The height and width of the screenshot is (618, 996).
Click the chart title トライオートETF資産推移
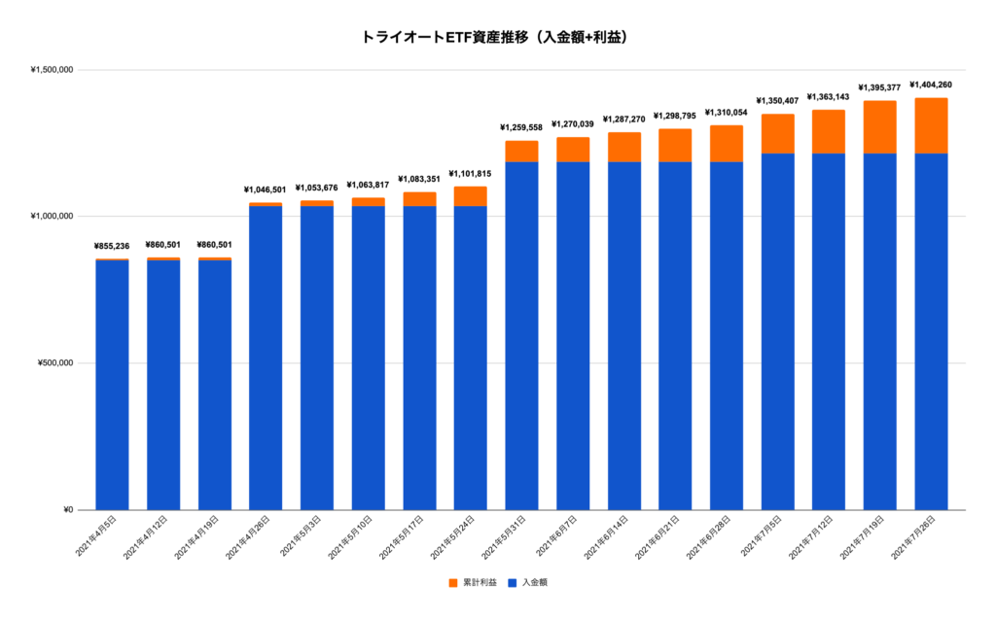click(x=498, y=38)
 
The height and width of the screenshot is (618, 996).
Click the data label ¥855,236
click(x=112, y=247)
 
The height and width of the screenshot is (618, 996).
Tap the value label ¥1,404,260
click(x=931, y=86)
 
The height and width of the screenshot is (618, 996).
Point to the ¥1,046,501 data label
click(x=266, y=190)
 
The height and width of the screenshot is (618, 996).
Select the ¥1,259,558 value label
click(x=521, y=127)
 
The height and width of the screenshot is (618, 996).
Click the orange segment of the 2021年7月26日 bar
click(x=931, y=125)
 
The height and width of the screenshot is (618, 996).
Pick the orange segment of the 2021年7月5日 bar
click(x=777, y=133)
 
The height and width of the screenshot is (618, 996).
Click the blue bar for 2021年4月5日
click(x=112, y=385)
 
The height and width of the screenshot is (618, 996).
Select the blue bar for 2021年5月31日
click(x=521, y=335)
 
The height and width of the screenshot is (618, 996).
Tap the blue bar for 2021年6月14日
click(x=623, y=335)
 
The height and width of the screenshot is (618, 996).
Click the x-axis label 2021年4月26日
click(x=249, y=538)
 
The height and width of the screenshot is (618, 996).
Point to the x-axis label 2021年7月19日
click(x=864, y=538)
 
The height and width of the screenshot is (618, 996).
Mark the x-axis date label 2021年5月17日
click(x=403, y=538)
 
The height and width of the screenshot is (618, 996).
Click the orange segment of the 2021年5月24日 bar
click(x=470, y=195)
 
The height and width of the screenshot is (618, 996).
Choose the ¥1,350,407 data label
click(x=777, y=101)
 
